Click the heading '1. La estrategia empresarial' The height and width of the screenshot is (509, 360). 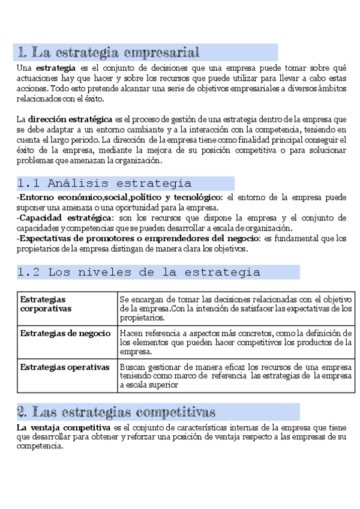(x=109, y=52)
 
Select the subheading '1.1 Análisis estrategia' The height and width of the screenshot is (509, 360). (x=104, y=183)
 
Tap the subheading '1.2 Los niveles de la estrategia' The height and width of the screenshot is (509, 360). (x=139, y=272)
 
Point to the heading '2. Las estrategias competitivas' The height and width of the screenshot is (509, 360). (x=116, y=412)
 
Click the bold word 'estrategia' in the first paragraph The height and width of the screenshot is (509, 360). (x=55, y=68)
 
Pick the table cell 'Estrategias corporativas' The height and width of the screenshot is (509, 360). (x=46, y=304)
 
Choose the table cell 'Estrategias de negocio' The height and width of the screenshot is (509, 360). (x=65, y=333)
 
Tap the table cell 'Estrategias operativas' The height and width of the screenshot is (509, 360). (x=65, y=366)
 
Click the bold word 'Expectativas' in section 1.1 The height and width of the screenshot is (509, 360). (x=43, y=238)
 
